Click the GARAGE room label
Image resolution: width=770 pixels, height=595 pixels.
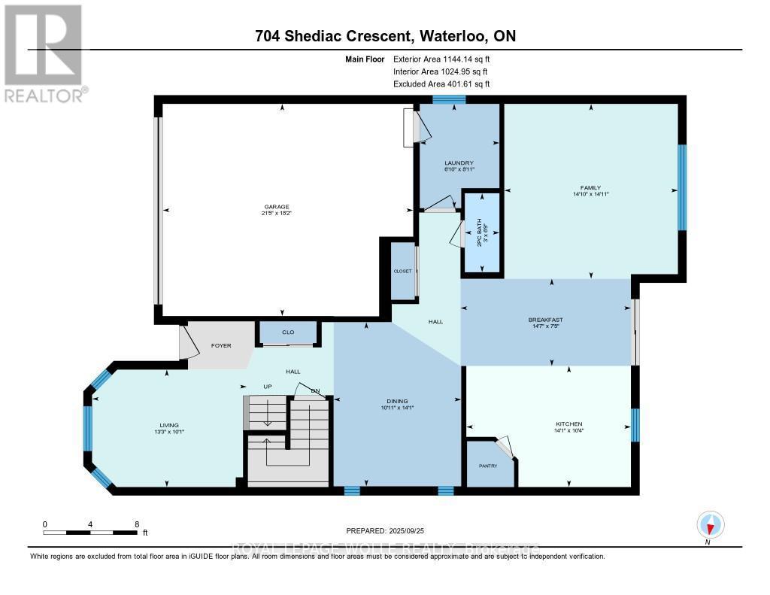276,208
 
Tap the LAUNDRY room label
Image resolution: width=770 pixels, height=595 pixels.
459,163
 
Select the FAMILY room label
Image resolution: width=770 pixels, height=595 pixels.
590,188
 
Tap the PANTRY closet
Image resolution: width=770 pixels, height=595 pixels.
489,466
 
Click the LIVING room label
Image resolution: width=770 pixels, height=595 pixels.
168,426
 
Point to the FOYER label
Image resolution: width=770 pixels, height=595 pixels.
220,345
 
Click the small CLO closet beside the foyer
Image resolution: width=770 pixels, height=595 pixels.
288,332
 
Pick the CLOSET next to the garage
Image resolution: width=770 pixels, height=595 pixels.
402,271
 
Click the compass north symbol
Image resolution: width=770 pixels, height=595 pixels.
709,524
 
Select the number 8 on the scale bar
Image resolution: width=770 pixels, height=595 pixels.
136,524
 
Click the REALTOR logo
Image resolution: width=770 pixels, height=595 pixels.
44,53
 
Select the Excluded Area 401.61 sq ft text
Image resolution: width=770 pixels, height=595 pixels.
447,84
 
